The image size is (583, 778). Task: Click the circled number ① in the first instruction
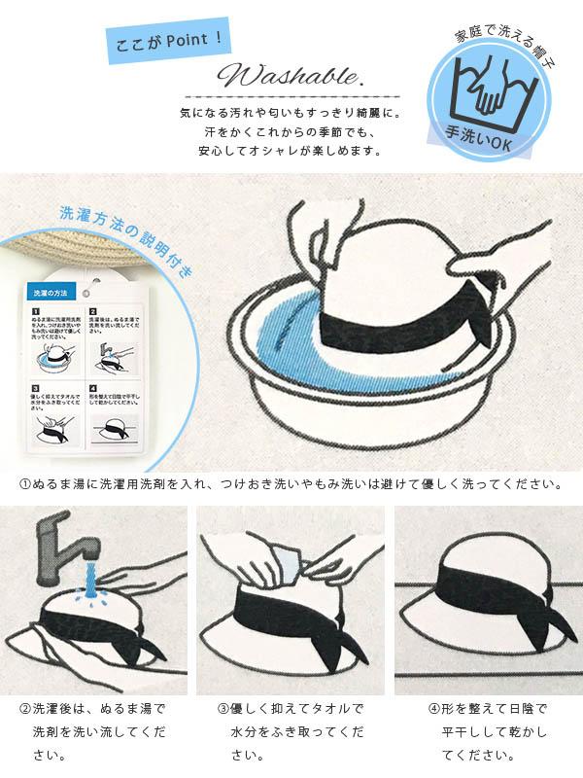24,482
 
